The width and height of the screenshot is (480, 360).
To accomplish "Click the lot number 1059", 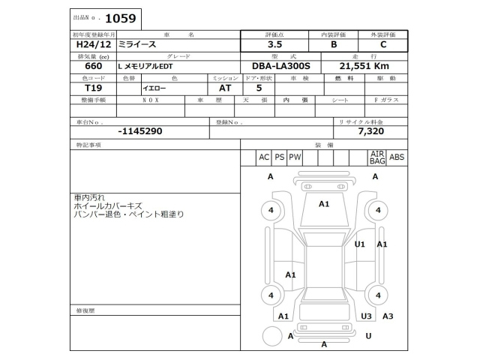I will click(120, 16).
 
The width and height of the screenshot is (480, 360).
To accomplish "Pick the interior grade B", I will click(334, 45).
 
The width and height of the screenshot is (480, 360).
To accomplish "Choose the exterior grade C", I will click(383, 45).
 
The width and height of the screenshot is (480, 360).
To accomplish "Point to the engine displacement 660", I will click(84, 67).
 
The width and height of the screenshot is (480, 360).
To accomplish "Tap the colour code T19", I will click(83, 88).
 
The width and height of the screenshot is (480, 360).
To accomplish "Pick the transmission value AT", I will click(214, 88).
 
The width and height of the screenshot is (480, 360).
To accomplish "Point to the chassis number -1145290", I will click(140, 130).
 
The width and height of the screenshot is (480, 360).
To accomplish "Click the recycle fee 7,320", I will click(370, 130).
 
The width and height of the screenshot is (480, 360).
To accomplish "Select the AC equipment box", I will click(263, 157).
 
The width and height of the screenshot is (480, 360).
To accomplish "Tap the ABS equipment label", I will click(397, 157).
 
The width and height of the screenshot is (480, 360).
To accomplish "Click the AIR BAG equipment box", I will click(376, 157).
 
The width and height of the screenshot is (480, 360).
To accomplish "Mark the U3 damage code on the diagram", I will click(366, 316).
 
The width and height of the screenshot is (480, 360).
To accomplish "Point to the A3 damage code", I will click(388, 316).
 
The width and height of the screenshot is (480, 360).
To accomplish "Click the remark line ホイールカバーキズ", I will click(106, 205).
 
